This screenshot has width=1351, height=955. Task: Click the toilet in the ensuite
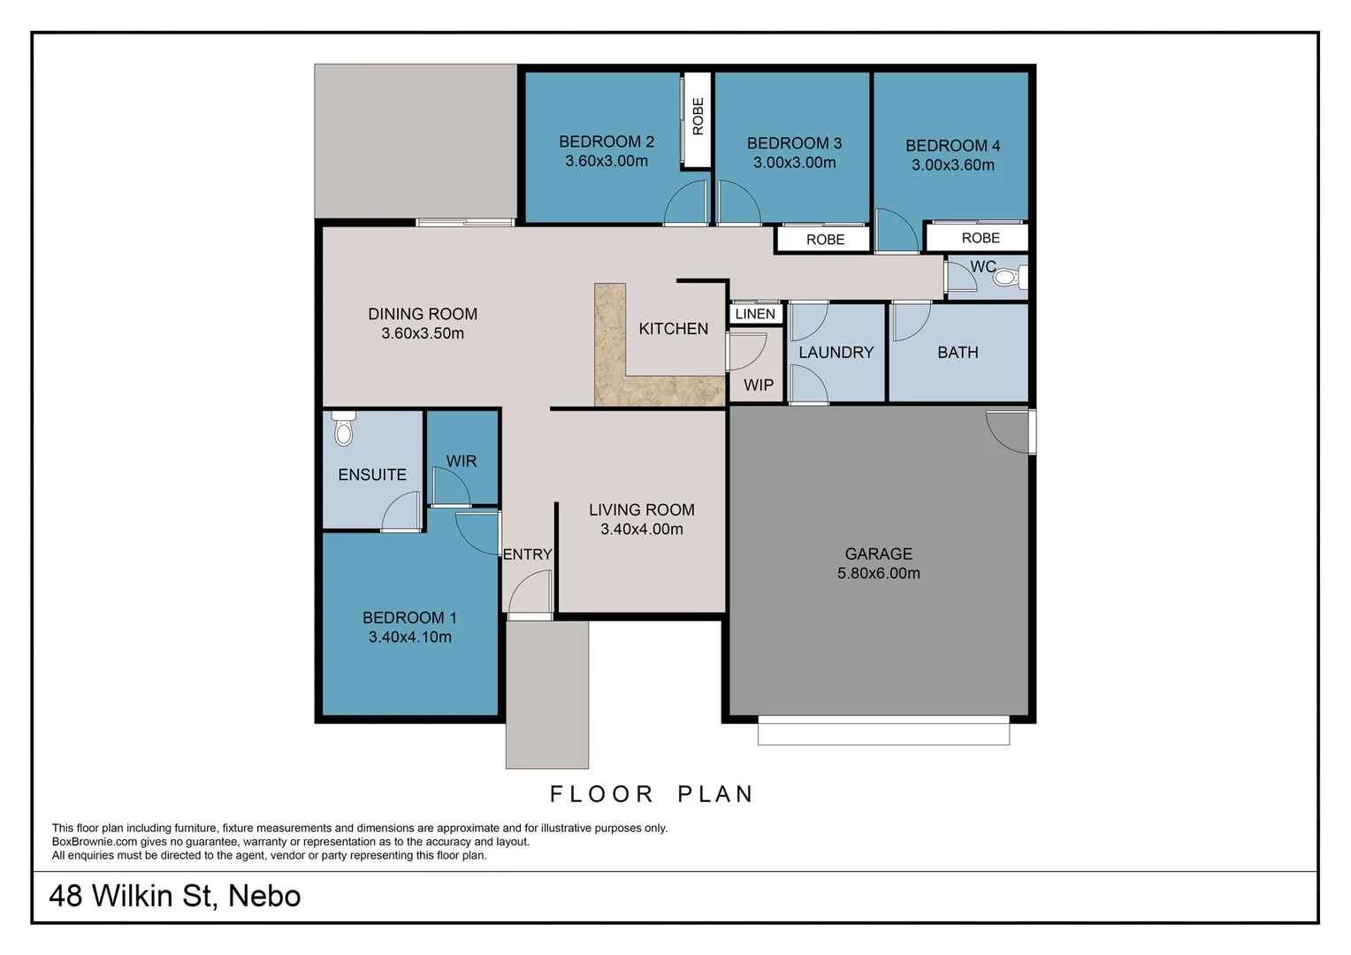pyautogui.click(x=344, y=429)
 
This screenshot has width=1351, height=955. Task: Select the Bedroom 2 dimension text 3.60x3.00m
pyautogui.click(x=607, y=161)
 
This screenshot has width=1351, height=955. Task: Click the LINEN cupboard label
pyautogui.click(x=755, y=314)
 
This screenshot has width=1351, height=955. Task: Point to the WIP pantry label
pyautogui.click(x=758, y=385)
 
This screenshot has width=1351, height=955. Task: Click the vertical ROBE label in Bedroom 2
pyautogui.click(x=698, y=117)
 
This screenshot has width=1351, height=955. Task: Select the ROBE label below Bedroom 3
pyautogui.click(x=825, y=240)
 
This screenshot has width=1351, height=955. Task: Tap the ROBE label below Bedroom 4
pyautogui.click(x=981, y=238)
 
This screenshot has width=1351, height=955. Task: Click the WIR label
pyautogui.click(x=462, y=461)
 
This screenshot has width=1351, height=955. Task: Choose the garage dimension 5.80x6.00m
pyautogui.click(x=878, y=573)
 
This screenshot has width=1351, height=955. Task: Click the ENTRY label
pyautogui.click(x=527, y=554)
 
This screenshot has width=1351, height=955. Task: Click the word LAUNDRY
pyautogui.click(x=836, y=352)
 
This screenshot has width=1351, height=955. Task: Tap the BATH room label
pyautogui.click(x=958, y=352)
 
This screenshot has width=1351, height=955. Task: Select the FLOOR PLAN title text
pyautogui.click(x=652, y=794)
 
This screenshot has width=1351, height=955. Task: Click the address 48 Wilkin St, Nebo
pyautogui.click(x=175, y=896)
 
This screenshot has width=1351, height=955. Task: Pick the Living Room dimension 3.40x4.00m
pyautogui.click(x=642, y=529)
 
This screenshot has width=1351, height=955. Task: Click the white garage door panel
pyautogui.click(x=883, y=732)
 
